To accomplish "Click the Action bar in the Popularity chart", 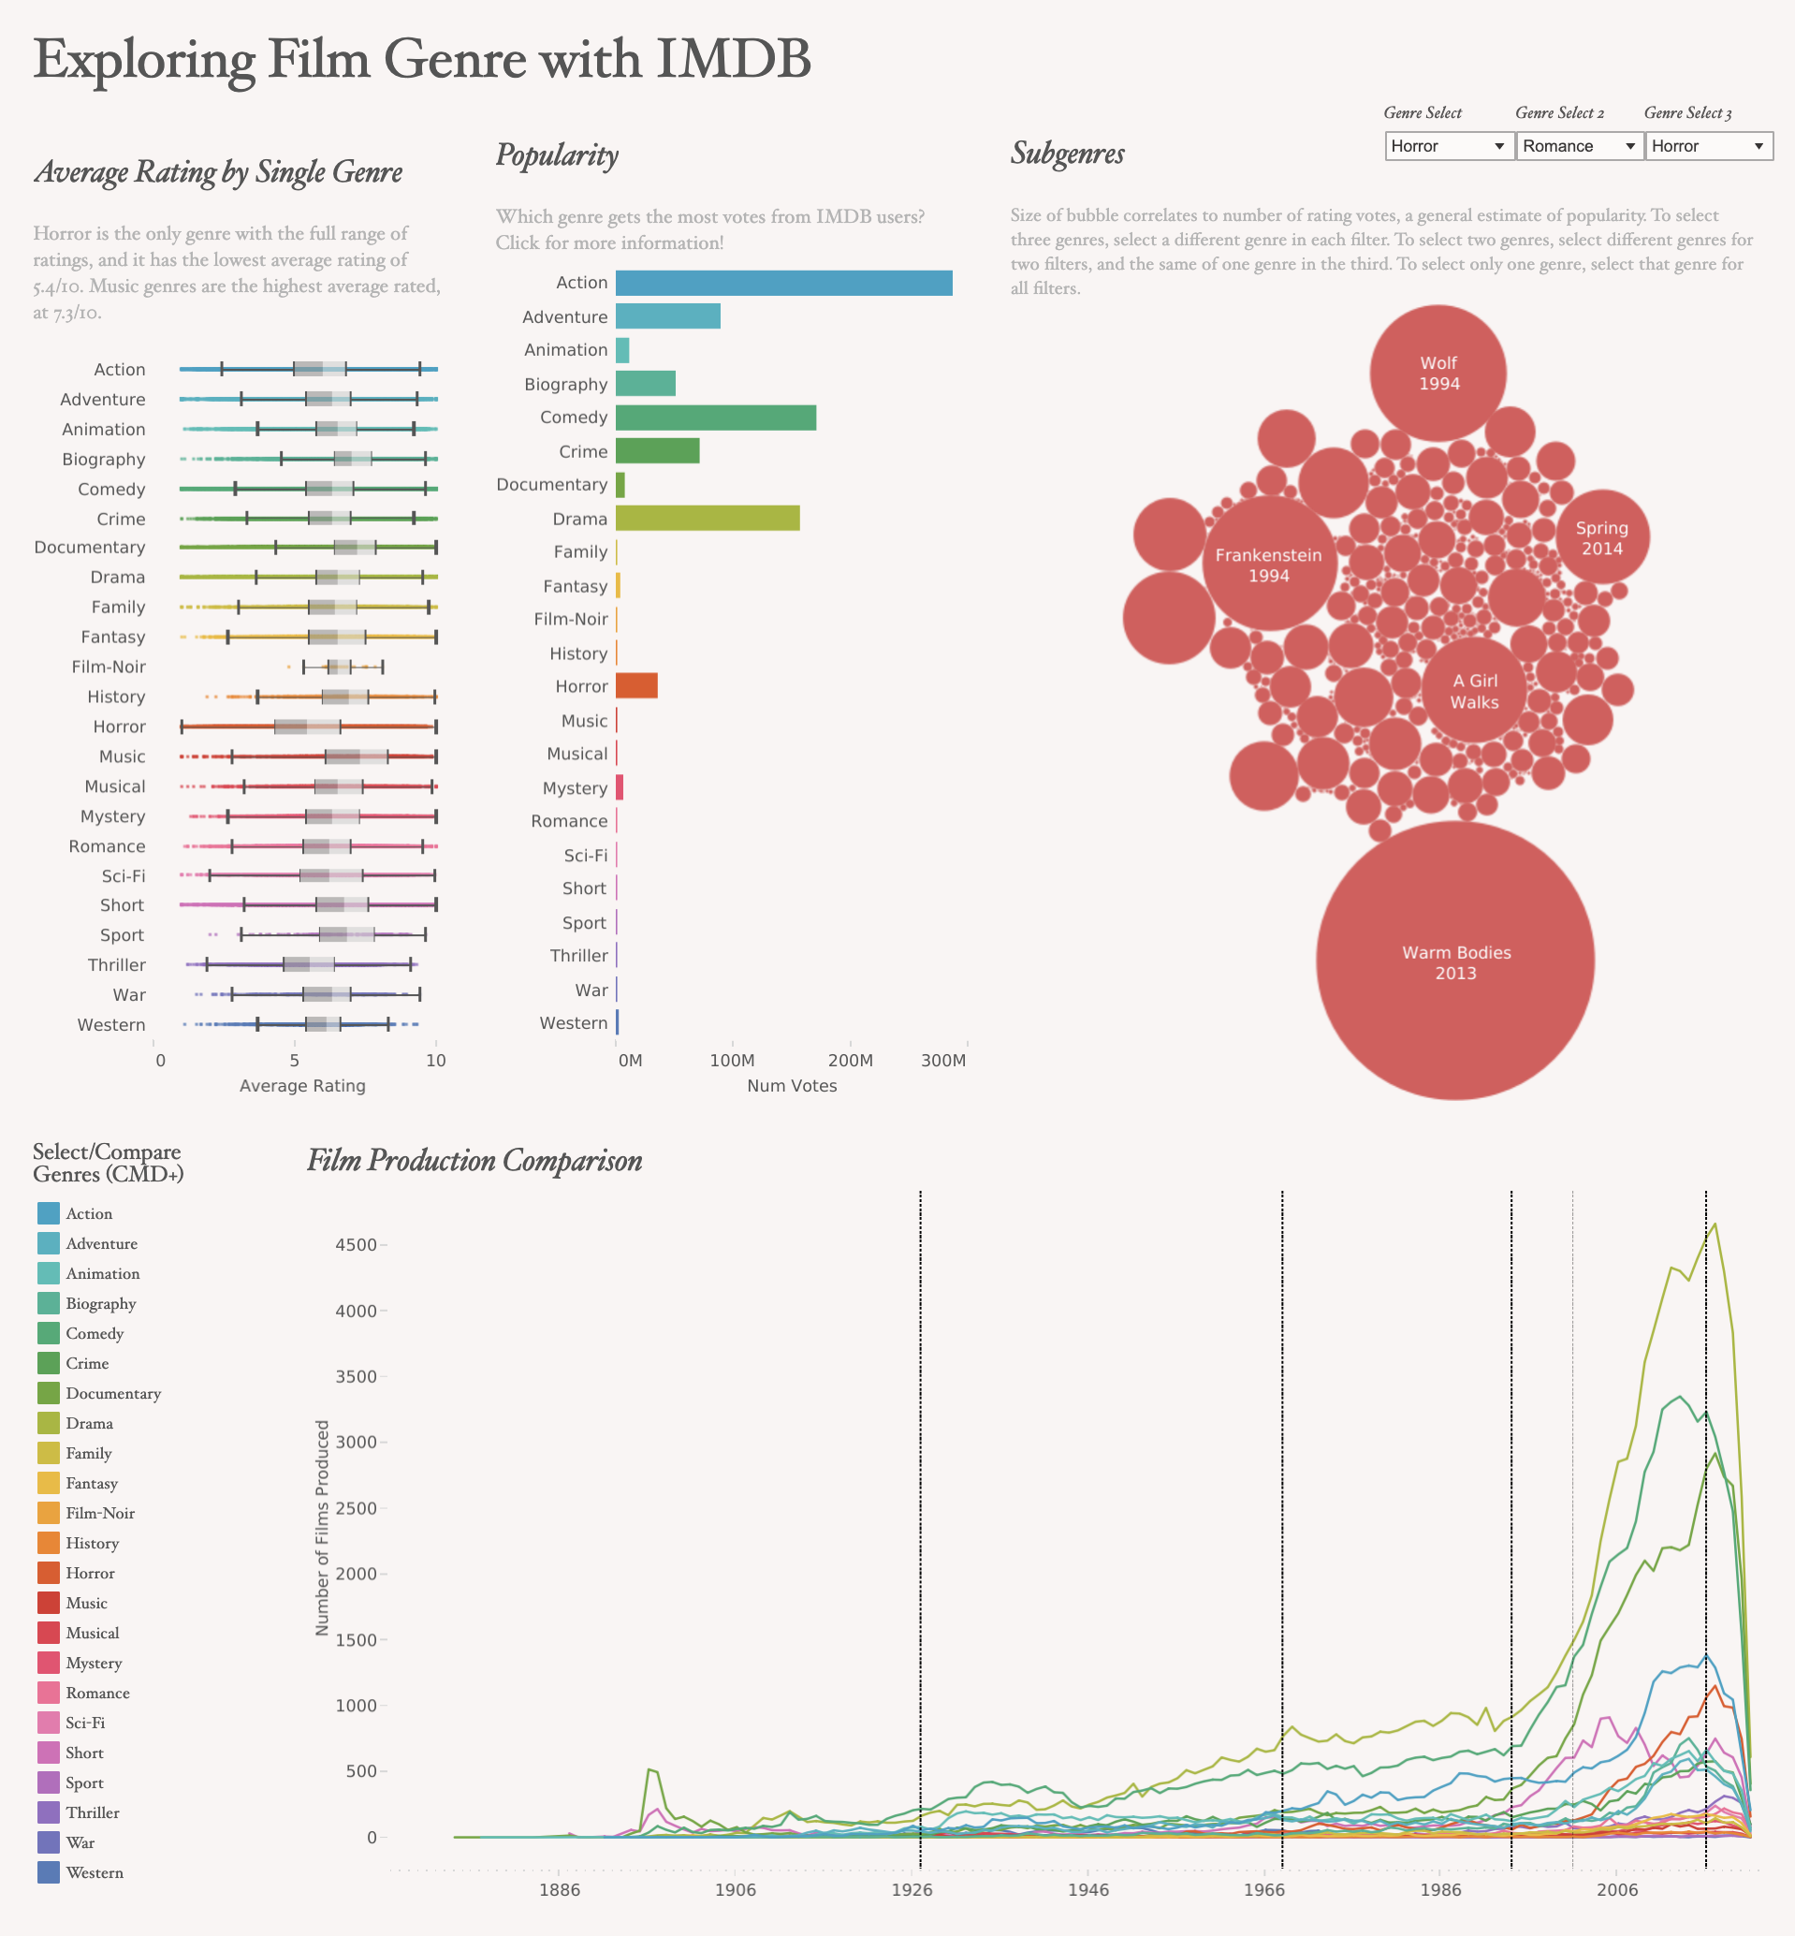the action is [784, 283].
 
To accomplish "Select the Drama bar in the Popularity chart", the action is [708, 518].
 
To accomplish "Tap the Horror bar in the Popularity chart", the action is [636, 686].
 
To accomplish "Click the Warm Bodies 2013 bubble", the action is [1455, 961].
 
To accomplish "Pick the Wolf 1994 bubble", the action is [1438, 373].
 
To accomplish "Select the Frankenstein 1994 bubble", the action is [1268, 565].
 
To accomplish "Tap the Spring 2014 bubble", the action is [1601, 537].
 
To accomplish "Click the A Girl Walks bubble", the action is [1475, 691].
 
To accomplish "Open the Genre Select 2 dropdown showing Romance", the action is [1580, 146].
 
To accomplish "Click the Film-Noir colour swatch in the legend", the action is [49, 1513].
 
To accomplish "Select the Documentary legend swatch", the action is [49, 1393].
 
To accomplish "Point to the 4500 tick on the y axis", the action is [356, 1244].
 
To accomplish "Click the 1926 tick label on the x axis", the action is [912, 1889].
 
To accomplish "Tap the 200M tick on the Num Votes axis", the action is [850, 1060].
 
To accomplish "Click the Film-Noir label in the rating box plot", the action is [109, 667].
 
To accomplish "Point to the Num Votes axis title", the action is [792, 1085].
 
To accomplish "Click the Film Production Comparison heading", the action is [475, 1161].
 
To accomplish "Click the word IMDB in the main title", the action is [734, 58].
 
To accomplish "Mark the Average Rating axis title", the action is [302, 1086].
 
